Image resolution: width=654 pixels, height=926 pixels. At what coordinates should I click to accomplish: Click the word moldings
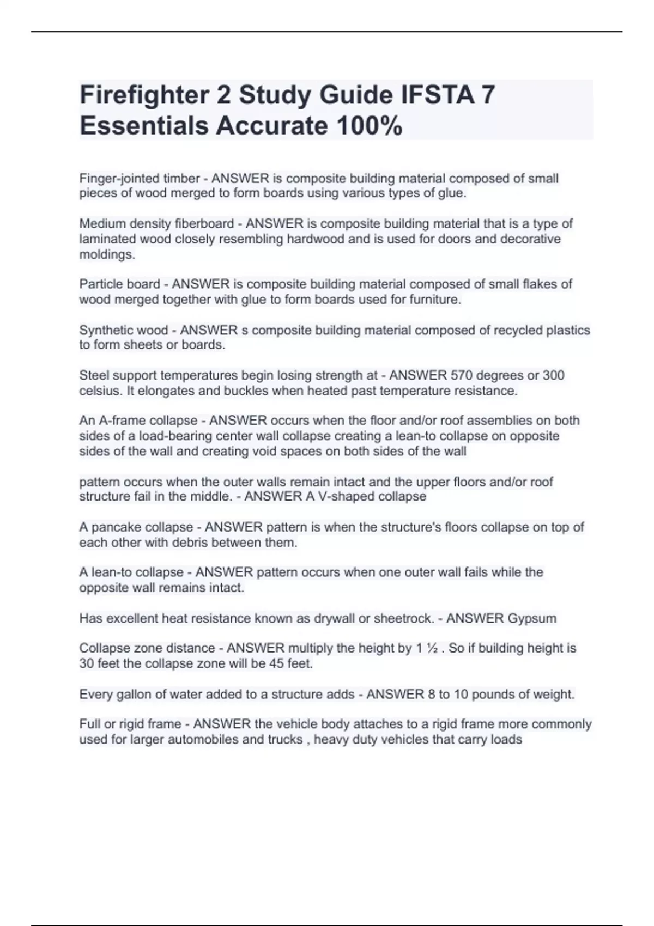(x=107, y=254)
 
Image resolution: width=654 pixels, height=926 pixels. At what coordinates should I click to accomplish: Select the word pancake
(x=115, y=527)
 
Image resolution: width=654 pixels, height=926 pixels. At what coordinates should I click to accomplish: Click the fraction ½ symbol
(x=432, y=648)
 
